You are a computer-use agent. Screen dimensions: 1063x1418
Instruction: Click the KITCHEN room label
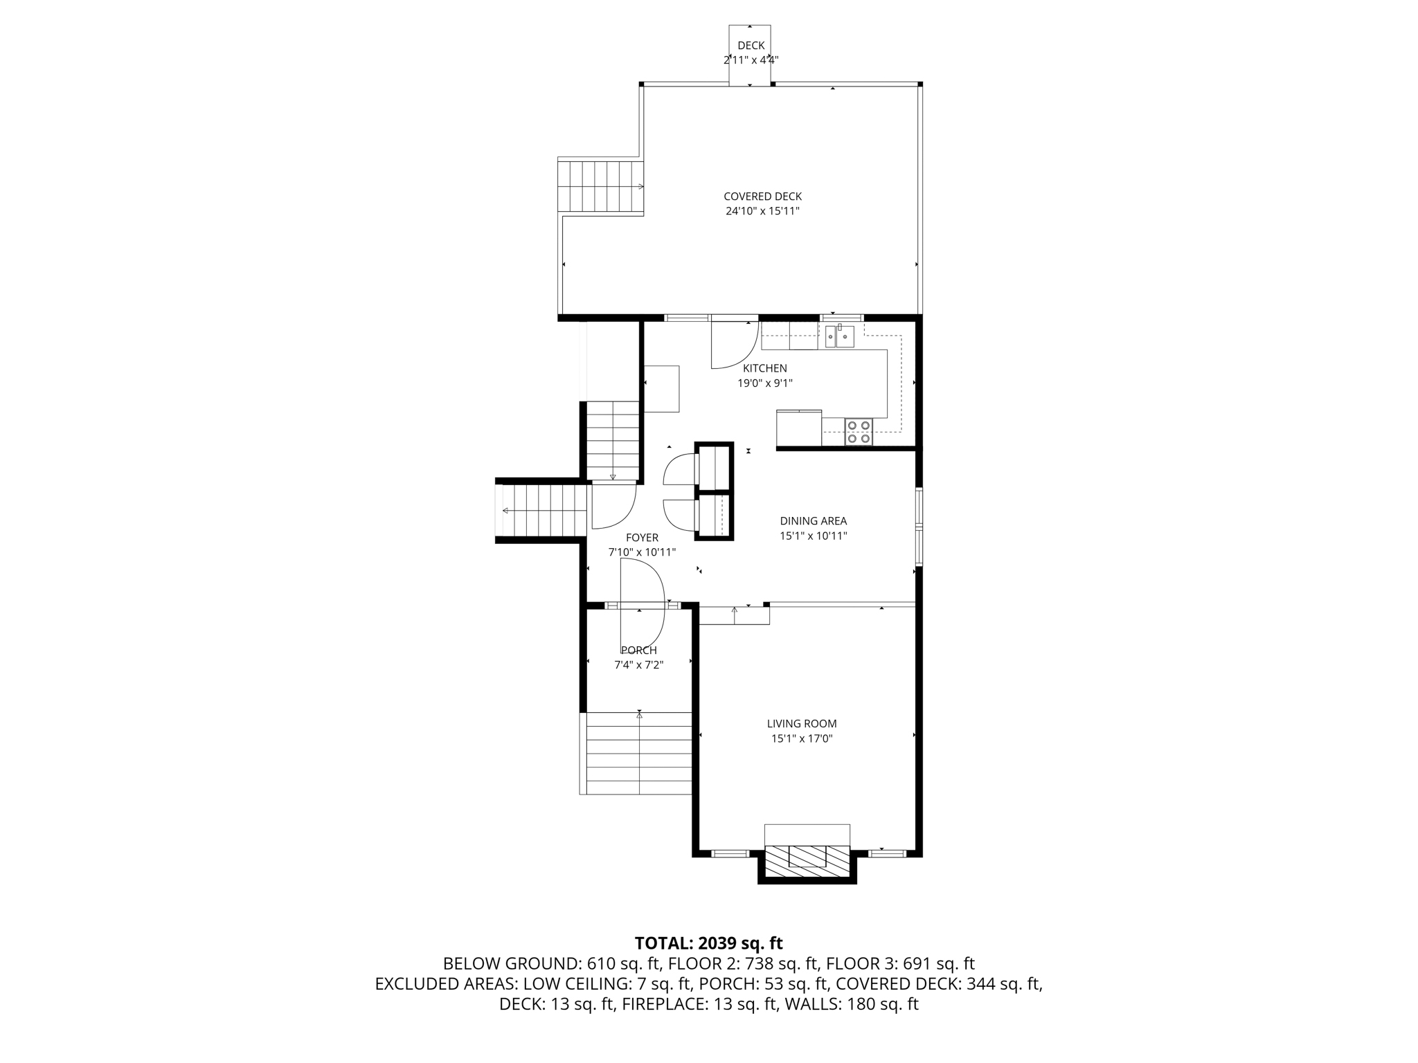[x=764, y=368]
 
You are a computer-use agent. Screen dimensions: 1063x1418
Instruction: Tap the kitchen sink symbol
[x=839, y=336]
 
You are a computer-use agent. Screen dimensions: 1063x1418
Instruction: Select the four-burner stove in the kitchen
[x=859, y=432]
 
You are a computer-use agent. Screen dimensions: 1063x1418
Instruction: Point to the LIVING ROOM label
[x=801, y=724]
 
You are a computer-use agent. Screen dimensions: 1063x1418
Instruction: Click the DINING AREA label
[x=813, y=521]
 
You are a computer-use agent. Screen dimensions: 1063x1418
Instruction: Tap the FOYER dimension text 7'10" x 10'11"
[x=642, y=552]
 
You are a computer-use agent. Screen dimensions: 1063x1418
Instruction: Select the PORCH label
[x=638, y=651]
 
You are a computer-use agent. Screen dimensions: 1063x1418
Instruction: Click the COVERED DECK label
[x=762, y=197]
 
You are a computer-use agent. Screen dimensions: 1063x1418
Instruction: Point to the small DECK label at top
[x=751, y=46]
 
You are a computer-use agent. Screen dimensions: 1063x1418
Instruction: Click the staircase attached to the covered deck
[x=600, y=186]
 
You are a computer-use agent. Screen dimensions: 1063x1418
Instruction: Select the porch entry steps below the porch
[x=638, y=754]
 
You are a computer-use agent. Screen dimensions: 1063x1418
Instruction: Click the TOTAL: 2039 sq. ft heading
[x=708, y=943]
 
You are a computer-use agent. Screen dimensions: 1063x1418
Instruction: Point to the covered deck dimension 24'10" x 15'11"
[x=762, y=211]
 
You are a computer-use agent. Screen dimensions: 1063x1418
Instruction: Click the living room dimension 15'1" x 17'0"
[x=801, y=738]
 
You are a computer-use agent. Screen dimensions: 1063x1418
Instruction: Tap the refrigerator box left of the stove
[x=798, y=428]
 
